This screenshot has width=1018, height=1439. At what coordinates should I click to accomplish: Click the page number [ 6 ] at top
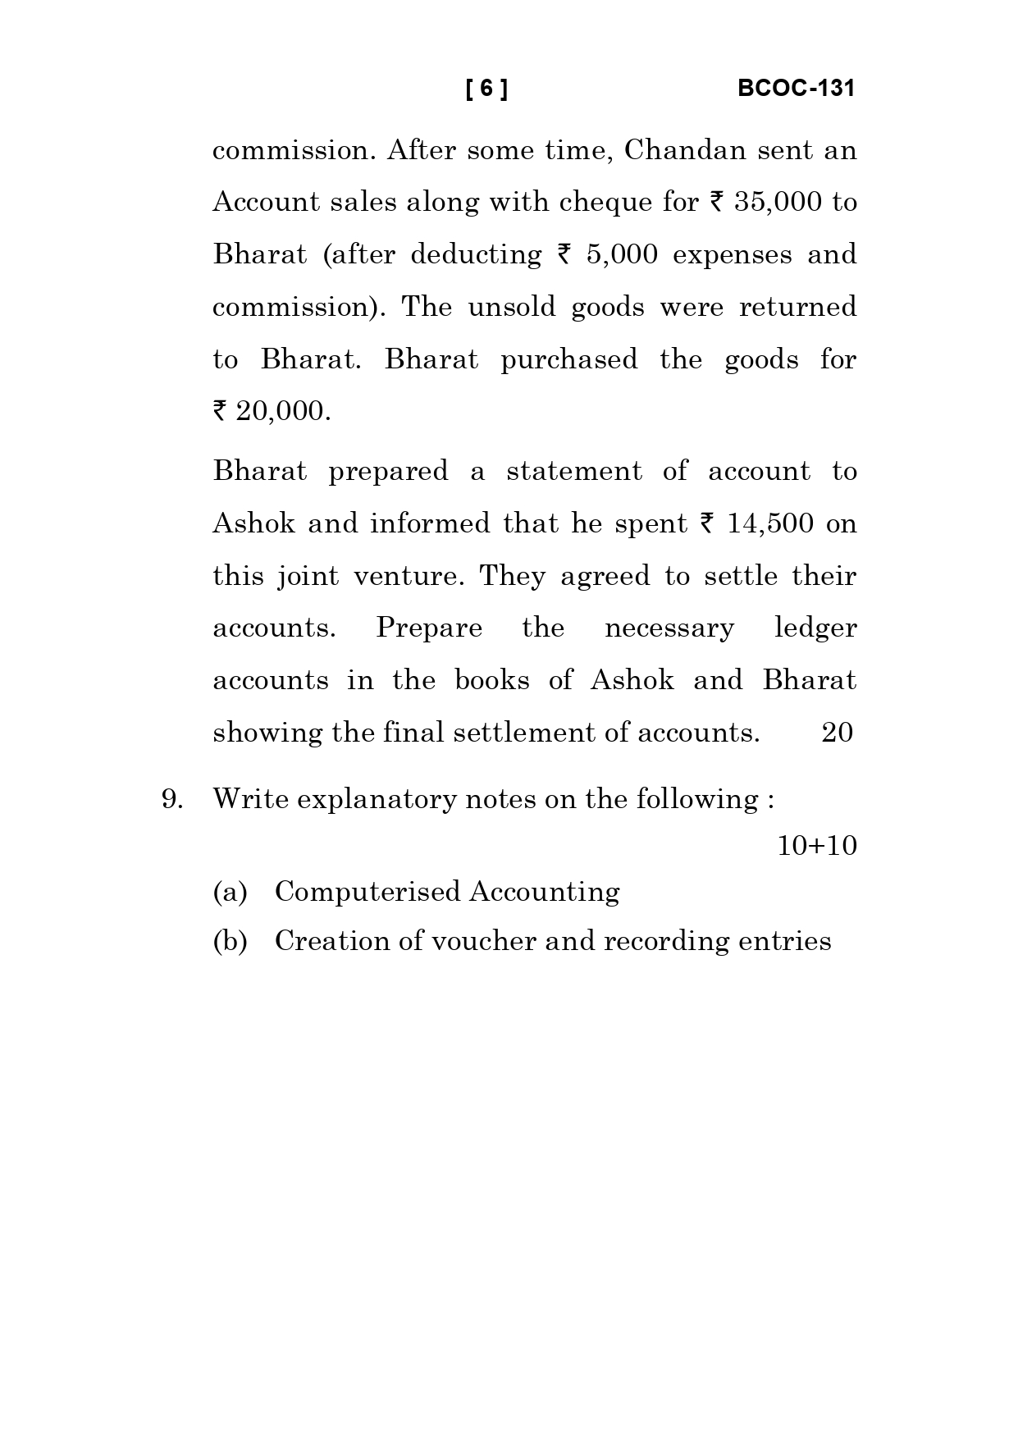point(486,89)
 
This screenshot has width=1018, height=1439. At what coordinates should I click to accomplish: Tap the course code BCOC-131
point(796,89)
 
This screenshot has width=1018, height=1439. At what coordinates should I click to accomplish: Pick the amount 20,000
point(282,411)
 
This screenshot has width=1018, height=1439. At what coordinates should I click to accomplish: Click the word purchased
point(568,360)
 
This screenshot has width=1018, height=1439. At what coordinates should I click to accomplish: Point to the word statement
point(574,472)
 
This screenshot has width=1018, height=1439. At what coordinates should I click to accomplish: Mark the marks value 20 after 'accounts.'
point(837,733)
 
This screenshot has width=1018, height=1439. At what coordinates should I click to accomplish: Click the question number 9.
point(171,799)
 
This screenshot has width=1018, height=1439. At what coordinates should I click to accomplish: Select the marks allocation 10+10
point(816,846)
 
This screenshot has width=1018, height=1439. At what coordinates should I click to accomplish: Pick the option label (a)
point(230,892)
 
